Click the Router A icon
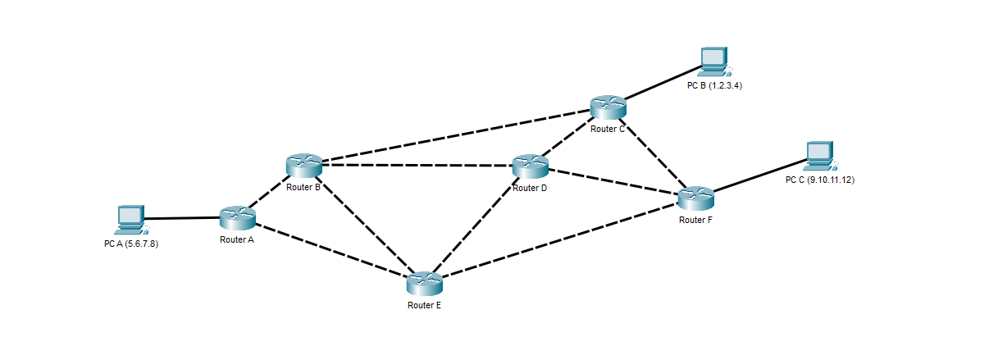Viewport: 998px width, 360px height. [x=238, y=217]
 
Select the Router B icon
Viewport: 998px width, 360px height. [x=303, y=165]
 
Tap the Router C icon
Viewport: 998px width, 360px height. [x=608, y=106]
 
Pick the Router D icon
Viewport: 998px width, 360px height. [x=530, y=166]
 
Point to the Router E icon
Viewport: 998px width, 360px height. [x=424, y=284]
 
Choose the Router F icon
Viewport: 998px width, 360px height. [x=696, y=198]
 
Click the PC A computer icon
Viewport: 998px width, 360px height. [x=130, y=218]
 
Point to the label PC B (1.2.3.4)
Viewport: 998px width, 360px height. [x=714, y=85]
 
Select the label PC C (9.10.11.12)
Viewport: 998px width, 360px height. [x=819, y=180]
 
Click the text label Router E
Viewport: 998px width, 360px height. [x=424, y=305]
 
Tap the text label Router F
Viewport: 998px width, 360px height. [x=695, y=220]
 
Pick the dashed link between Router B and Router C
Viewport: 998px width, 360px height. [x=455, y=135]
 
